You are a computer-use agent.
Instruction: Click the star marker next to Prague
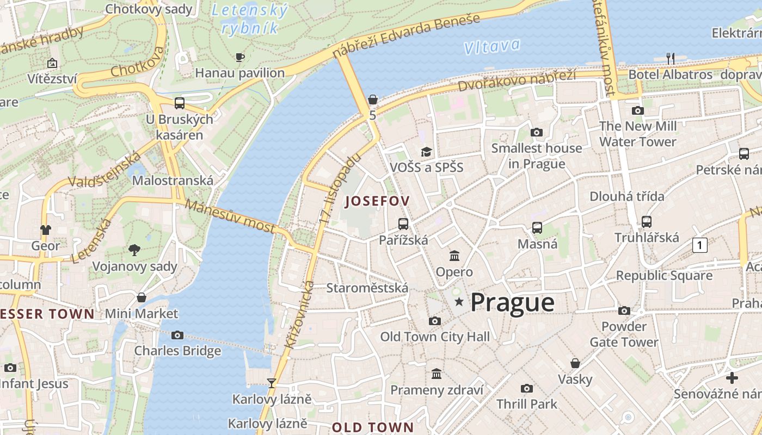pyautogui.click(x=459, y=302)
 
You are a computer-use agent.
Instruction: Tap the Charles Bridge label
pyautogui.click(x=177, y=351)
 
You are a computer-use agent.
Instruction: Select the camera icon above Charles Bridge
pyautogui.click(x=177, y=335)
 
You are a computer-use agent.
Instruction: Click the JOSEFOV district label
pyautogui.click(x=377, y=201)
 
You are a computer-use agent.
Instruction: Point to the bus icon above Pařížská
pyautogui.click(x=403, y=223)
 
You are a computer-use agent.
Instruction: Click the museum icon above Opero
pyautogui.click(x=454, y=256)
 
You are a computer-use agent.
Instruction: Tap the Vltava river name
pyautogui.click(x=491, y=46)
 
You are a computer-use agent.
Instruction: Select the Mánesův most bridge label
pyautogui.click(x=230, y=216)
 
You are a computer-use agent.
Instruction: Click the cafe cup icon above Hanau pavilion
pyautogui.click(x=239, y=57)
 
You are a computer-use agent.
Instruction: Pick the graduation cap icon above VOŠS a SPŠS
pyautogui.click(x=426, y=152)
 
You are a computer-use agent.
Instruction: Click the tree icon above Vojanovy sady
pyautogui.click(x=134, y=250)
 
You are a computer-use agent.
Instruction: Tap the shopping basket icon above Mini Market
pyautogui.click(x=142, y=297)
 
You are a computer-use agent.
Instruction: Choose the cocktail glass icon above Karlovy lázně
pyautogui.click(x=272, y=383)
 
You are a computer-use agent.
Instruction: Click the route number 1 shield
pyautogui.click(x=699, y=245)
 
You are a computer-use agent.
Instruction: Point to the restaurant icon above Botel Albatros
pyautogui.click(x=671, y=58)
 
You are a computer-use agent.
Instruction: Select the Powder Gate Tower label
pyautogui.click(x=624, y=334)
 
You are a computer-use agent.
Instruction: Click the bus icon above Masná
pyautogui.click(x=537, y=228)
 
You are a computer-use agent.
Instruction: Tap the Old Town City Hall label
pyautogui.click(x=435, y=337)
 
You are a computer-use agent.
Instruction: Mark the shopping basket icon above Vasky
pyautogui.click(x=575, y=363)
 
